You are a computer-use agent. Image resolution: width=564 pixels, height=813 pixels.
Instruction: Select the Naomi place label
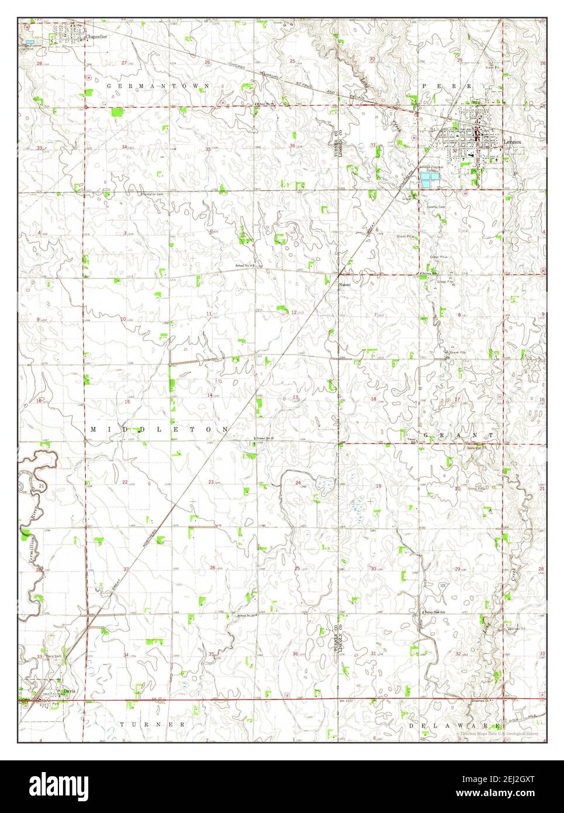click(345, 286)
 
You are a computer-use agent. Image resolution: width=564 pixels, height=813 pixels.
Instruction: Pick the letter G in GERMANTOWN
click(109, 86)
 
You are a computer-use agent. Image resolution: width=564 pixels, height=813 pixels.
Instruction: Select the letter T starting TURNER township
click(122, 724)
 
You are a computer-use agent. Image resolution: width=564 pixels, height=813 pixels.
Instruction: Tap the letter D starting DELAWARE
click(411, 726)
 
